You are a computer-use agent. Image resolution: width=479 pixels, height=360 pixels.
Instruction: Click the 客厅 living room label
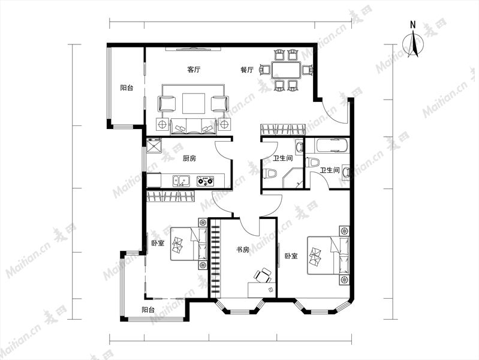click(x=194, y=70)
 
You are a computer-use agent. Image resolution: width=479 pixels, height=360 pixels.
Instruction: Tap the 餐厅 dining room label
click(x=247, y=70)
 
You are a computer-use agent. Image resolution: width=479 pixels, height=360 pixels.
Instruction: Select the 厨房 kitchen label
click(x=189, y=158)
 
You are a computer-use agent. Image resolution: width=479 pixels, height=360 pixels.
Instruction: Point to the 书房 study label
click(x=243, y=250)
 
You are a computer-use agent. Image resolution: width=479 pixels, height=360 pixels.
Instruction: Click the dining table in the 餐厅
click(x=286, y=70)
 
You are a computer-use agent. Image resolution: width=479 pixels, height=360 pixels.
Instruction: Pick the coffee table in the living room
click(x=194, y=103)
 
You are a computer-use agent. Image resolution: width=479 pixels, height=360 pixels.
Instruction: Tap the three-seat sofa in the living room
click(x=194, y=127)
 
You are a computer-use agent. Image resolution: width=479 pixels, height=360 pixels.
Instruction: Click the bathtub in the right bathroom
click(x=332, y=145)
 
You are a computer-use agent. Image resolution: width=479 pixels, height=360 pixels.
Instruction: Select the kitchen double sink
click(x=181, y=181)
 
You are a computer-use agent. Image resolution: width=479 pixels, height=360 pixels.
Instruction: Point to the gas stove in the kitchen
click(x=205, y=181)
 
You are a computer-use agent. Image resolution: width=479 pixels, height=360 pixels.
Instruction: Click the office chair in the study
click(x=263, y=275)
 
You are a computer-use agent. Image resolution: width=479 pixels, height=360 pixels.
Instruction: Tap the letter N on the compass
click(x=412, y=25)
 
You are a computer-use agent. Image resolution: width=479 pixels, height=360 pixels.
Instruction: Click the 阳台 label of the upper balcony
click(x=126, y=88)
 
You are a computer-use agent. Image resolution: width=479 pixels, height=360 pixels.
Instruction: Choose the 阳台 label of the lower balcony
click(x=148, y=310)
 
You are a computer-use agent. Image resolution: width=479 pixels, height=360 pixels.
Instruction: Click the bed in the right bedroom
click(x=328, y=255)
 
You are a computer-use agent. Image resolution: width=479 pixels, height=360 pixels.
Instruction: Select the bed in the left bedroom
click(x=188, y=244)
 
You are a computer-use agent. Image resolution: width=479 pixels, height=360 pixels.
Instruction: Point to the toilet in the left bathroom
click(x=269, y=173)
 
